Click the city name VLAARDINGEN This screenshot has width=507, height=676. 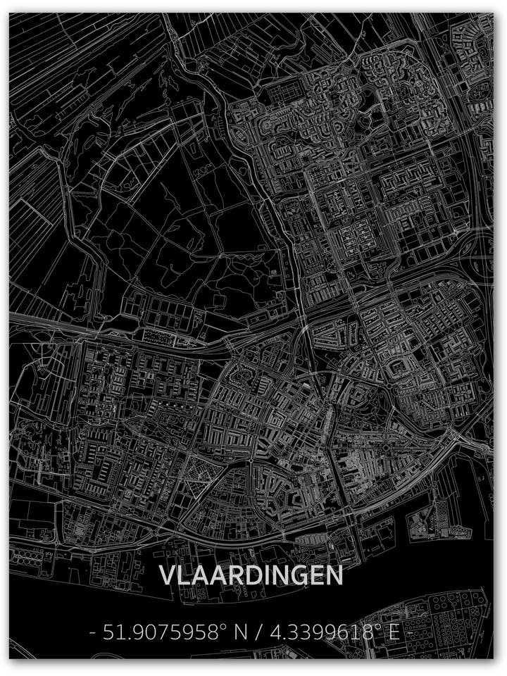tap(251, 575)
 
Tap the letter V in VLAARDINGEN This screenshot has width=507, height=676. tap(167, 575)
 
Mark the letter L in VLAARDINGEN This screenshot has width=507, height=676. tap(184, 575)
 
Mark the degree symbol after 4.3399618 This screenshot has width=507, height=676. tap(380, 626)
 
